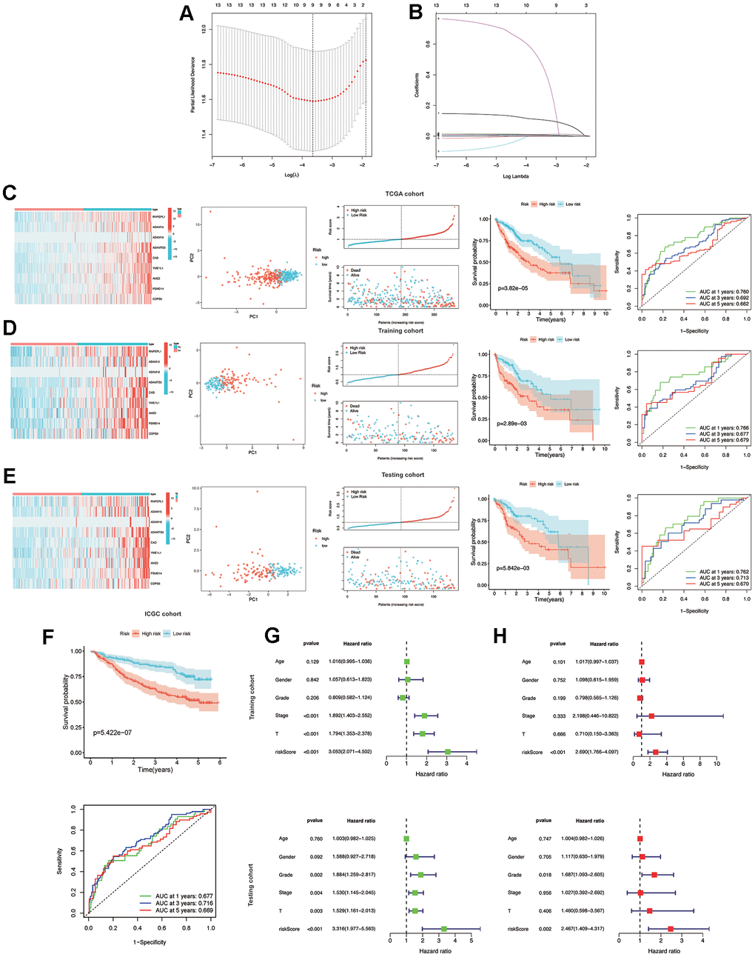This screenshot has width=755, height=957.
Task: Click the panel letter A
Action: point(187,16)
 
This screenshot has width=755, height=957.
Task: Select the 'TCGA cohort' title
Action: point(404,194)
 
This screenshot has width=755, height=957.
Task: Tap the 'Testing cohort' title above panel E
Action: point(403,475)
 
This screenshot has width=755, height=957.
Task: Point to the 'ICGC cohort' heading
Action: point(163,614)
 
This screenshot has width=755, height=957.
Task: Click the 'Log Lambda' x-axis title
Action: point(516,176)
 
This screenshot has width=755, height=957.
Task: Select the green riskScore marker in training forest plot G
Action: point(449,752)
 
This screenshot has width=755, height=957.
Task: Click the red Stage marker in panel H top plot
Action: point(651,716)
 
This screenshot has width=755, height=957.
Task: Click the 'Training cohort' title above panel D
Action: point(400,331)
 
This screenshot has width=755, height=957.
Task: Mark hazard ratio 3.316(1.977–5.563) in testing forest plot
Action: point(350,928)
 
